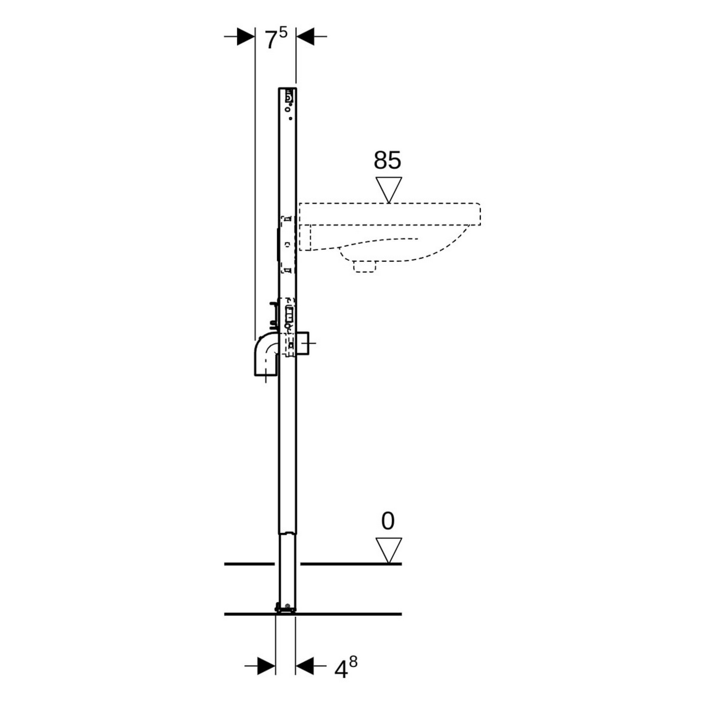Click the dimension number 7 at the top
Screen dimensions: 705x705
tap(270, 40)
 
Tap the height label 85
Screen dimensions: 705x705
tap(387, 160)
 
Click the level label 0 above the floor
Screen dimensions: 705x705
tap(387, 521)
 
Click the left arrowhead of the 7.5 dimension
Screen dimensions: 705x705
tap(246, 37)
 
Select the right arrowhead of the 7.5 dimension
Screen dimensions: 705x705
tap(305, 37)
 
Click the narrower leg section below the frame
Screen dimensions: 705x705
tap(287, 569)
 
